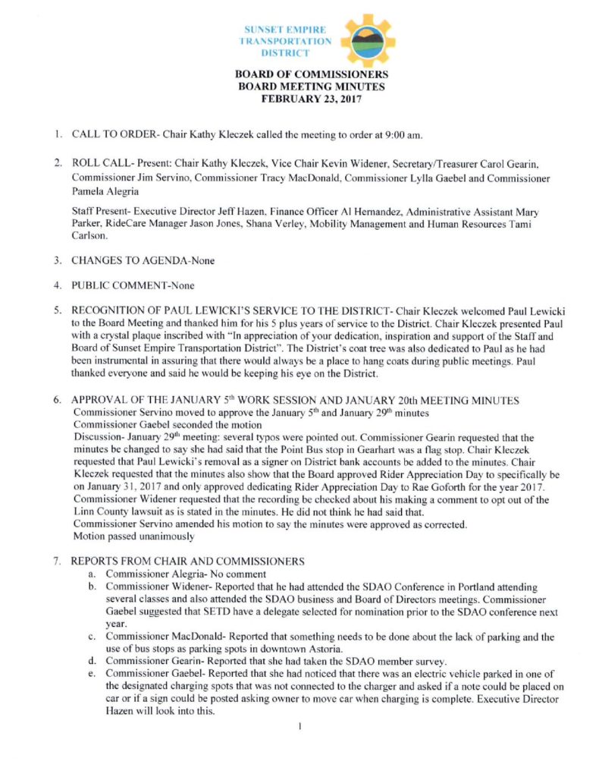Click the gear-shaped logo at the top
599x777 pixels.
[367, 40]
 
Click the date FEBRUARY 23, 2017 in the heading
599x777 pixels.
[312, 99]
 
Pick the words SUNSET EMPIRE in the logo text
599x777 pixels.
[282, 29]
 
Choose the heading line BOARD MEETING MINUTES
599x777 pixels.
[312, 87]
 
